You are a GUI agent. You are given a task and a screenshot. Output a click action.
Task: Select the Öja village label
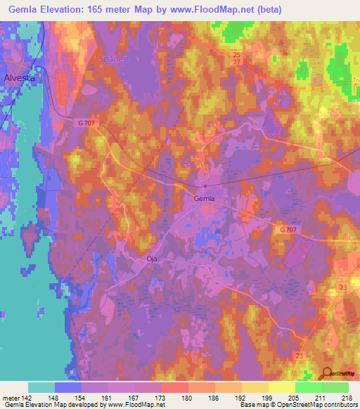(140, 259)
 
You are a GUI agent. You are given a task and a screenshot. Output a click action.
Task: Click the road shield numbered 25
(236, 54)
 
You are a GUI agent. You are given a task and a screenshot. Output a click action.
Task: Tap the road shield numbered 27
(236, 63)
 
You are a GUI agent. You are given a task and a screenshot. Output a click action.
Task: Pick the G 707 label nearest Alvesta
(87, 122)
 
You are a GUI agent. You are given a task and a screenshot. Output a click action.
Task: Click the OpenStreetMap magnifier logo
(326, 375)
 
